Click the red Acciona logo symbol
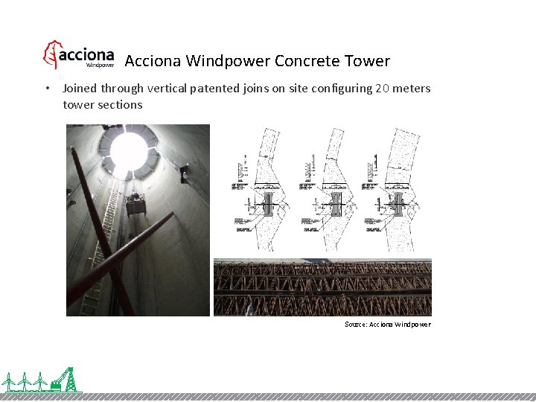coord(51,55)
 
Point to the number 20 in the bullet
coord(382,89)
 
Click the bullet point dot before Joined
coord(47,89)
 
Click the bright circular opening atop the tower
coord(130,149)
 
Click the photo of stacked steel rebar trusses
coord(322,287)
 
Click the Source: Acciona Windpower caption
coord(387,325)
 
